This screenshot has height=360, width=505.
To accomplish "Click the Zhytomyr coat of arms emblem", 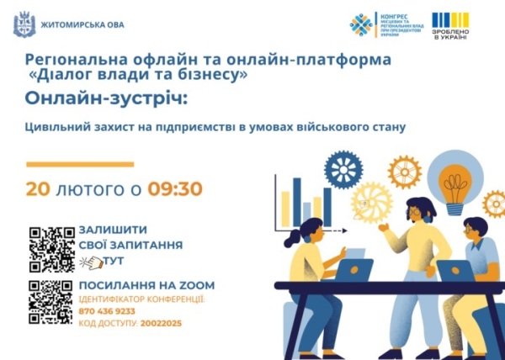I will coord(22,24).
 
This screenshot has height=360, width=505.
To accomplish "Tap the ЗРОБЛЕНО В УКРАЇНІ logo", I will coord(451,26).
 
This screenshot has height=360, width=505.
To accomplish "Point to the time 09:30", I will coord(175,188).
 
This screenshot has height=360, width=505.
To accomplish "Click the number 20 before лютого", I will coord(38,188).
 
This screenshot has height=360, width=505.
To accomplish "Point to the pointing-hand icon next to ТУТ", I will coord(89,262).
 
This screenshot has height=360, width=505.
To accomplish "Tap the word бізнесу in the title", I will coord(215,75).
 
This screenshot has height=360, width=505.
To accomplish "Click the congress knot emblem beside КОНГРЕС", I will coord(362,25).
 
